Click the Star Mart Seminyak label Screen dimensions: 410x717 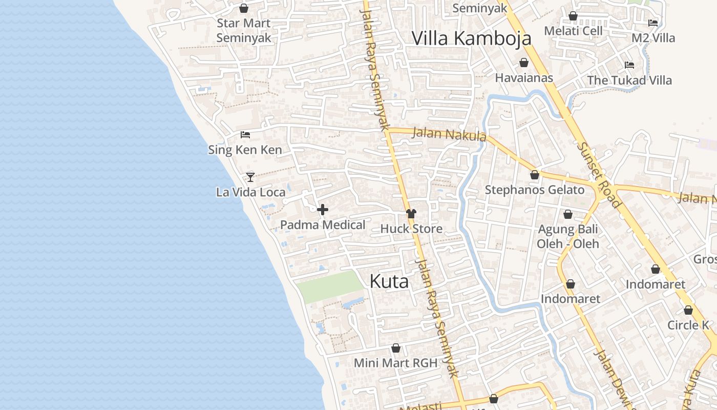point(244,30)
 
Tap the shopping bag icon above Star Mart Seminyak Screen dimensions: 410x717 point(244,8)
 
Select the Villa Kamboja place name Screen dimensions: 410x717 point(471,38)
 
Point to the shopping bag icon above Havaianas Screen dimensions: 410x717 point(524,63)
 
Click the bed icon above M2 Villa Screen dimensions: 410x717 point(653,23)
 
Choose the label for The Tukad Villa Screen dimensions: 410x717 point(629,80)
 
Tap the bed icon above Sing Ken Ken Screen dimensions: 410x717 point(245,135)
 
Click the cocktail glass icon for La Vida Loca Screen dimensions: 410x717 point(250,177)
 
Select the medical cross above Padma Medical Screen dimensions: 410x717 point(323,210)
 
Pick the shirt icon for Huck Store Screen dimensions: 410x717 point(411,213)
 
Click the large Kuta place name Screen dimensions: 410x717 point(389,281)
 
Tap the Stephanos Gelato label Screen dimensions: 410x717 point(534,190)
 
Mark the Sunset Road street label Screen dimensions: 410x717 point(599,174)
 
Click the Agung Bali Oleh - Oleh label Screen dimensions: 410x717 point(568,236)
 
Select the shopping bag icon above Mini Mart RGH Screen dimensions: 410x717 point(396,348)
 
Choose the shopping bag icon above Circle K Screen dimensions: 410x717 point(688,310)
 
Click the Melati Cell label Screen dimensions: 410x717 point(573,31)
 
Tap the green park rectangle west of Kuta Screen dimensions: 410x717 point(330,286)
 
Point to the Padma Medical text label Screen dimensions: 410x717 point(323,224)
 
